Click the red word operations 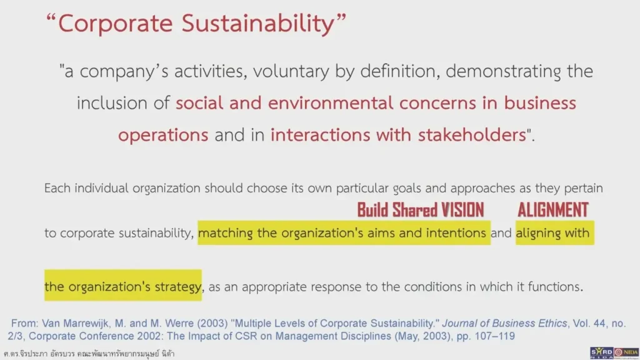pos(163,134)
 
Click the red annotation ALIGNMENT pos(552,209)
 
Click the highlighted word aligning pos(542,233)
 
